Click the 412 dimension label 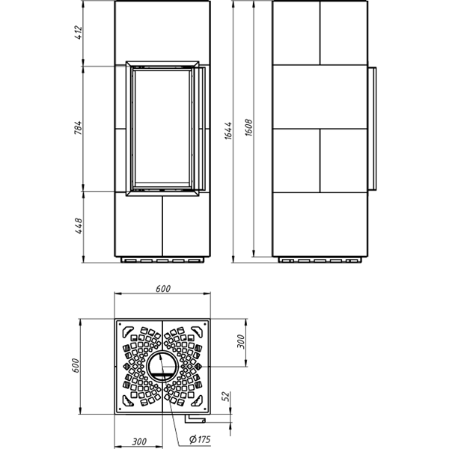tap(78, 33)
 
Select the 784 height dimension tap(78, 127)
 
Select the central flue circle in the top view tap(162, 367)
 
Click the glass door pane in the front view tap(163, 127)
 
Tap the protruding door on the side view tap(372, 128)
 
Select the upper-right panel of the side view tap(343, 33)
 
